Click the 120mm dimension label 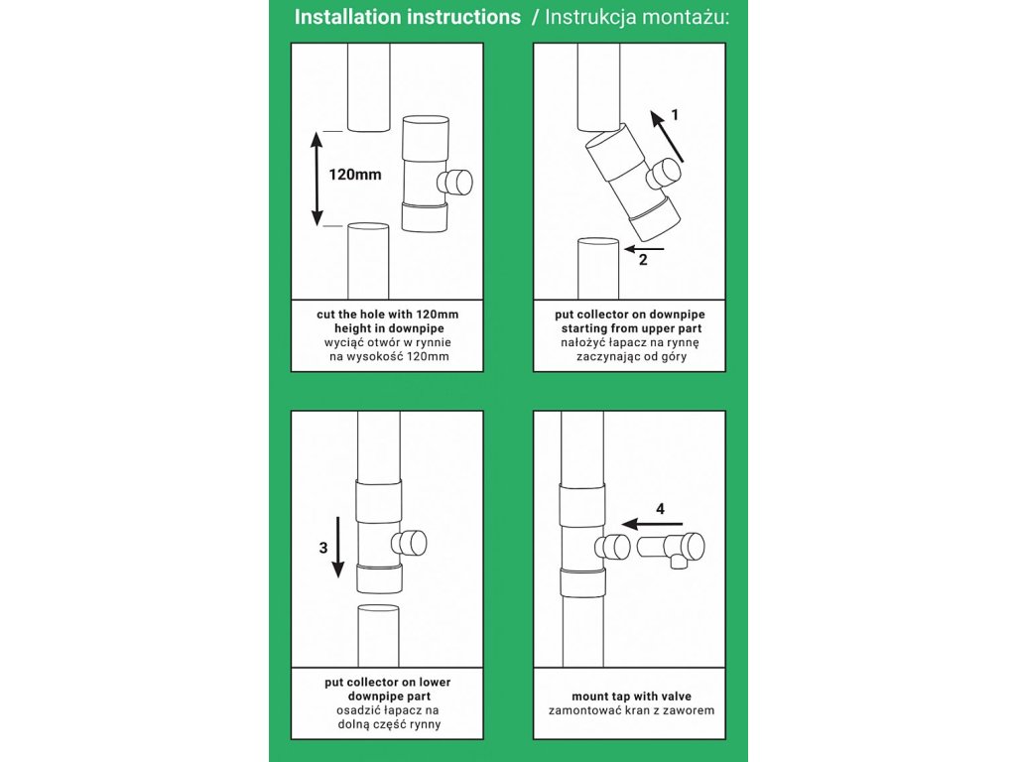pos(355,175)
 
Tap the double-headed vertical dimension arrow pos(317,179)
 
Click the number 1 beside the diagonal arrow pos(675,114)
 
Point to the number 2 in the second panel pos(643,261)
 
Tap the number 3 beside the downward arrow pos(321,546)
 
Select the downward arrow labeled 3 pos(338,546)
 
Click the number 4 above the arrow pos(661,508)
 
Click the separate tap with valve pos(675,547)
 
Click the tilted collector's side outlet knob pos(665,175)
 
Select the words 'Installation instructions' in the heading pos(408,18)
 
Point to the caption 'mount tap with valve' pos(630,697)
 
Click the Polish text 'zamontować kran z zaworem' pos(630,710)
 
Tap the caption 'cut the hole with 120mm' pos(388,314)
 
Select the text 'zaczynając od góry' pos(630,355)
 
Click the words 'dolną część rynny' pos(388,724)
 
